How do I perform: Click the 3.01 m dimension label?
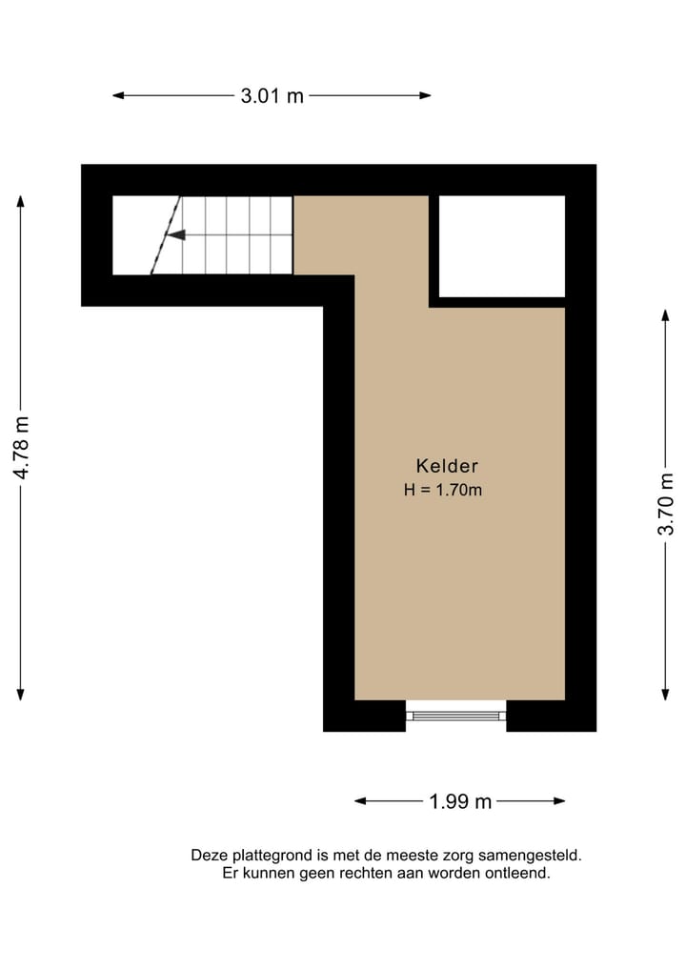pyautogui.click(x=272, y=95)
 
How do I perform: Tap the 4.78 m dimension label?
pyautogui.click(x=21, y=447)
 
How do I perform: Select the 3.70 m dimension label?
pyautogui.click(x=666, y=504)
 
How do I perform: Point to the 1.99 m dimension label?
pyautogui.click(x=460, y=801)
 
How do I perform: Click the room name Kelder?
pyautogui.click(x=446, y=466)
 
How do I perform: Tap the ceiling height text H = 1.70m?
pyautogui.click(x=443, y=491)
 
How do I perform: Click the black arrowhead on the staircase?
pyautogui.click(x=175, y=234)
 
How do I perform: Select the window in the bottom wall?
pyautogui.click(x=455, y=715)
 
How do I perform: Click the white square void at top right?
pyautogui.click(x=501, y=246)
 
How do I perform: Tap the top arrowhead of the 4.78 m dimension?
pyautogui.click(x=21, y=201)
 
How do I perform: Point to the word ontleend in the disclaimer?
pyautogui.click(x=518, y=873)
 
